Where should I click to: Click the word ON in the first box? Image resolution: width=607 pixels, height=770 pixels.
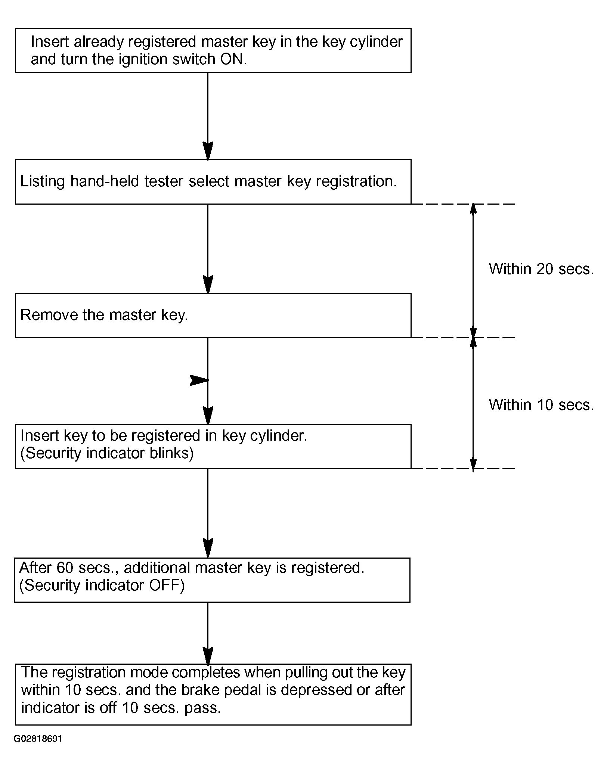[x=232, y=59]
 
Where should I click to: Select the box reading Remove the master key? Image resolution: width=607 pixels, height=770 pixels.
[x=213, y=315]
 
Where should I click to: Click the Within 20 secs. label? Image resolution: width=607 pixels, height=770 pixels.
[x=541, y=269]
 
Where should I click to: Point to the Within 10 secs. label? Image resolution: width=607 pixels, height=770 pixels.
[x=541, y=405]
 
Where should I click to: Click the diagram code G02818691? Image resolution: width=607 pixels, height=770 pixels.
[x=38, y=739]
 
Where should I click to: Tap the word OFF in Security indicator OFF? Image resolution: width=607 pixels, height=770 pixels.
[x=164, y=585]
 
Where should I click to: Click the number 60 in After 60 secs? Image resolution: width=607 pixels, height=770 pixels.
[x=64, y=568]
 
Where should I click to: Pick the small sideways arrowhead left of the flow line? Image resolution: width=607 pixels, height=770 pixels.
[x=199, y=381]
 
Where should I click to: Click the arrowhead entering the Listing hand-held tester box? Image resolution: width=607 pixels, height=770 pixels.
[x=208, y=151]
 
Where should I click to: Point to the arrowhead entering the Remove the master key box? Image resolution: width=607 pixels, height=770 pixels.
[x=208, y=285]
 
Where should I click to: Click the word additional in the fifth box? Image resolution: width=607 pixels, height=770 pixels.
[x=157, y=568]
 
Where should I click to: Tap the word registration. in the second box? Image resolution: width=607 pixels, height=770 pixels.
[x=356, y=182]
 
